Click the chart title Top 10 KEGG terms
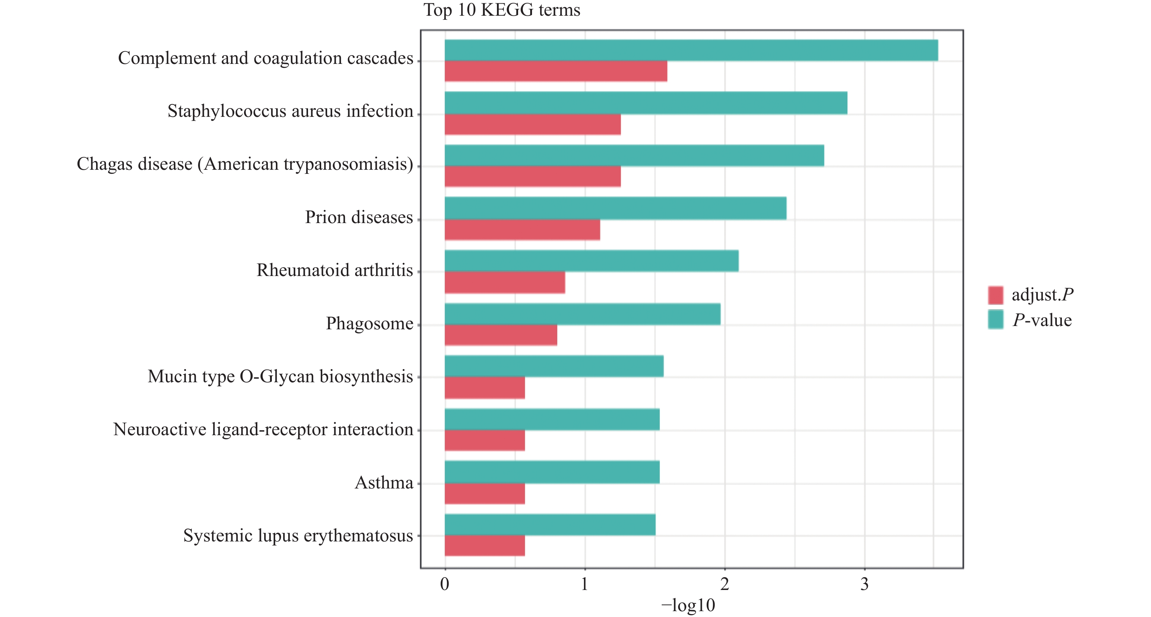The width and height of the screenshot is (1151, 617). tap(501, 10)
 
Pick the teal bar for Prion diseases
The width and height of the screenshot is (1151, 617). tap(615, 208)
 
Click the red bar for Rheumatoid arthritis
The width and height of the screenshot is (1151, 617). tap(505, 282)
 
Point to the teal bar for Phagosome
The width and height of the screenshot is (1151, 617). tap(582, 314)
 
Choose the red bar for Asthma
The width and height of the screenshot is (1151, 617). tap(485, 493)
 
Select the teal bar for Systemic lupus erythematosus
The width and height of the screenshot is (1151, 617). tap(550, 525)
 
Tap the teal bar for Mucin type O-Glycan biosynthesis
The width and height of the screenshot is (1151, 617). tap(554, 366)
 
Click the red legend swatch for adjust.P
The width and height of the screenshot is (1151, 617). tap(995, 295)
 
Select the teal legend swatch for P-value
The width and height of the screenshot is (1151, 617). tap(995, 320)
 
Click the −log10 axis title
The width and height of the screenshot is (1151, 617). tap(688, 605)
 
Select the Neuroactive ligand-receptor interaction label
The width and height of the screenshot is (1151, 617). tap(263, 429)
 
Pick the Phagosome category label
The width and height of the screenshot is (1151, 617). tap(369, 323)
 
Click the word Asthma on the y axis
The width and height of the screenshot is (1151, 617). tap(384, 483)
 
